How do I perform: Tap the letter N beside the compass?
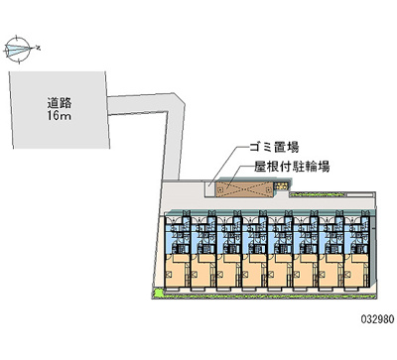click(x=38, y=46)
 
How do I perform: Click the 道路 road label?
click(x=58, y=101)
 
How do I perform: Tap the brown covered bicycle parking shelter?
click(x=242, y=185)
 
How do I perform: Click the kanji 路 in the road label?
click(x=66, y=101)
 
